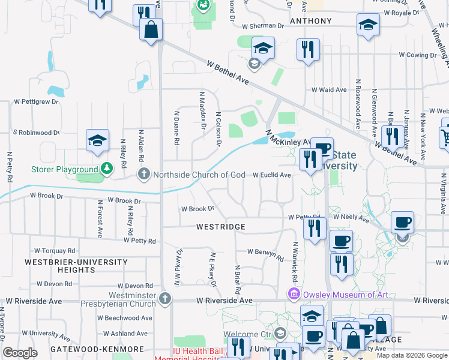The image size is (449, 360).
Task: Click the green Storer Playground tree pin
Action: [x=106, y=168]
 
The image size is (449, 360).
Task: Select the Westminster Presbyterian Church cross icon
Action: [x=166, y=298]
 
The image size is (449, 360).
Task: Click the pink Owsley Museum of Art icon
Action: [x=294, y=294]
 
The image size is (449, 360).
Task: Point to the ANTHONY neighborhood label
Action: [x=310, y=21]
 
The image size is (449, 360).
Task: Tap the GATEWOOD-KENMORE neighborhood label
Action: [x=97, y=349]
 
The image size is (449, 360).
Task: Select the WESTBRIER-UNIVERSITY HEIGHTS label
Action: [x=76, y=266]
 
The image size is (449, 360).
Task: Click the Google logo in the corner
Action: [x=20, y=353]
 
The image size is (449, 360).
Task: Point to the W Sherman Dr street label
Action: [x=263, y=26]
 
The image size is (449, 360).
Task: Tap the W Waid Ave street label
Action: [x=329, y=90]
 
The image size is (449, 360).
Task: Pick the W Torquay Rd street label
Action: [x=55, y=250]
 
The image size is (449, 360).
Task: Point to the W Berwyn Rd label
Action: [x=265, y=254]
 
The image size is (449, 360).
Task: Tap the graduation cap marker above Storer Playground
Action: [x=97, y=142]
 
